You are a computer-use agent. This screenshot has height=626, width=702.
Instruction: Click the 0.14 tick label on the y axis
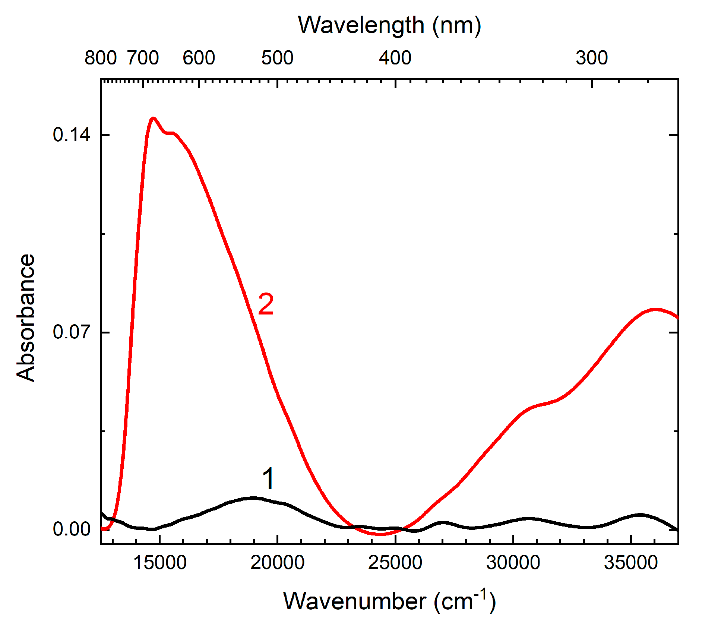[x=71, y=135]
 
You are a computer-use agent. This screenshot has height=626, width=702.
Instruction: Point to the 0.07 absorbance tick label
[x=71, y=332]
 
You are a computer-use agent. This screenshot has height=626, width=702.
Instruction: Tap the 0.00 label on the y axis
[x=71, y=529]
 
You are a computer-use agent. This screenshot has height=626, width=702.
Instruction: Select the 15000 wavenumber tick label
[x=160, y=563]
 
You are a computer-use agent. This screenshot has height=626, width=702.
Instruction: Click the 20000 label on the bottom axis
[x=277, y=563]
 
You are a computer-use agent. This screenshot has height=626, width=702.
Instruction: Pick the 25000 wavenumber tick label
[x=395, y=563]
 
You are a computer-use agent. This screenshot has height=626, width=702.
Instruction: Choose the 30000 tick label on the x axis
[x=513, y=563]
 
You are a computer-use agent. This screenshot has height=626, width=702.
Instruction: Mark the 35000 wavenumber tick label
[x=631, y=563]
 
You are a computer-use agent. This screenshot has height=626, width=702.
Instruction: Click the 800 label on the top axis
[x=101, y=58]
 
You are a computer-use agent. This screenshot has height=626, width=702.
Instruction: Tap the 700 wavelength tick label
[x=143, y=58]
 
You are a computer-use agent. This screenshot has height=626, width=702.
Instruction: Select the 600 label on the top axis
[x=199, y=58]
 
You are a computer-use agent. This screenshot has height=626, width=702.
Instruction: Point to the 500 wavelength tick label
[x=277, y=58]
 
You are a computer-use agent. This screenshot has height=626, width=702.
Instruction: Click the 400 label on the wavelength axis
[x=395, y=58]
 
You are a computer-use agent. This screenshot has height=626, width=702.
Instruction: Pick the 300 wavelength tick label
[x=592, y=58]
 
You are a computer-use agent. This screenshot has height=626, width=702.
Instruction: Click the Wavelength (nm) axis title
[x=389, y=25]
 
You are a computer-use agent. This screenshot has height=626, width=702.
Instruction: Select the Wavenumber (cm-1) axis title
[x=389, y=601]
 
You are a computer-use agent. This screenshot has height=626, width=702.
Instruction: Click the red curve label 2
[x=266, y=304]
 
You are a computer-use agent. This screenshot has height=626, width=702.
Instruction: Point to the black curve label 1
[x=268, y=478]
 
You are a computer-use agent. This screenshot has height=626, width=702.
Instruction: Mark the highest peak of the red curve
[x=153, y=118]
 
